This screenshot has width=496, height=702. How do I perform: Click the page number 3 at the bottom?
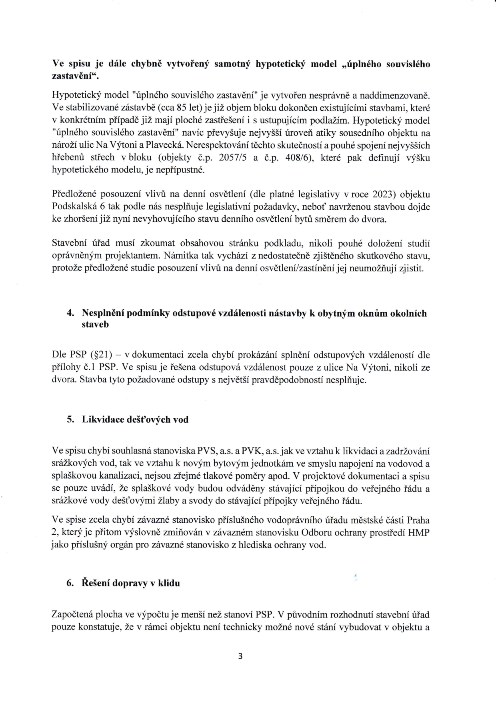(x=240, y=656)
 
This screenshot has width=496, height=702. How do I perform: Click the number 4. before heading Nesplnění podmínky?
(x=69, y=313)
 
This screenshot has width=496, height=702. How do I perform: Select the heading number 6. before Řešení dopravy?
(x=69, y=583)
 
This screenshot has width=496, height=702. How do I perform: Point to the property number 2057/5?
(x=232, y=158)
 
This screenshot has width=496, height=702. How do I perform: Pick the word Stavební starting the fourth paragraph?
(x=68, y=244)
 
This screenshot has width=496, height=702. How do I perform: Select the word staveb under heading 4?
(x=95, y=325)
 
